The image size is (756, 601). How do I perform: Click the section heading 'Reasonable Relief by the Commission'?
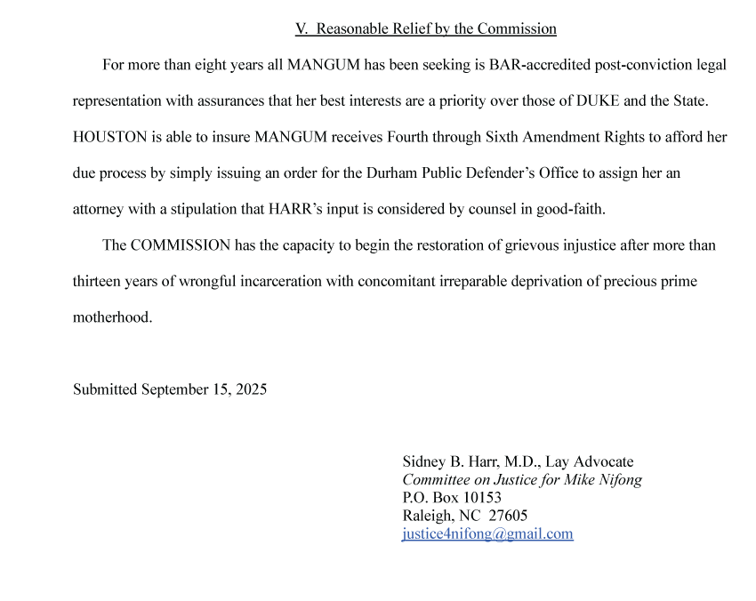(x=425, y=28)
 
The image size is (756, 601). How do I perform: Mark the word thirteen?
(x=99, y=281)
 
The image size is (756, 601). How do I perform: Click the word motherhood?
(x=112, y=317)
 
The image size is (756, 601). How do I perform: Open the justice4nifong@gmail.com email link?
(x=487, y=533)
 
